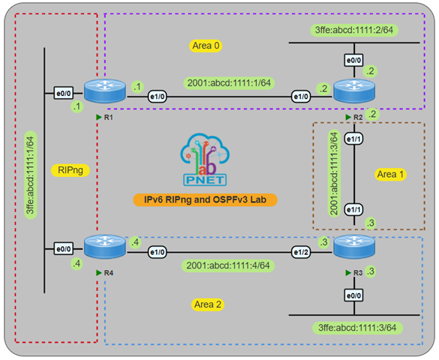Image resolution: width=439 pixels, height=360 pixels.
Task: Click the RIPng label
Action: [73, 170]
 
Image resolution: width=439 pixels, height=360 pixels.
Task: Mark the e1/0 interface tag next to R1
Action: [157, 96]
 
